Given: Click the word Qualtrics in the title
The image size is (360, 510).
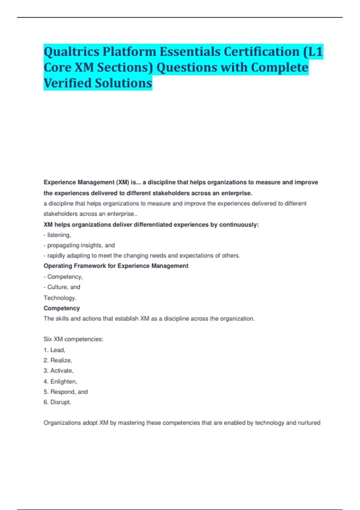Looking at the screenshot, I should click(x=71, y=52).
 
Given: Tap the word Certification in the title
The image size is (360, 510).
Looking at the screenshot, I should click(x=262, y=52).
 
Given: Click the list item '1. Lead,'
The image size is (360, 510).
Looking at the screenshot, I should click(x=54, y=350).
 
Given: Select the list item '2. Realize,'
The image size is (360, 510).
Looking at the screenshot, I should click(x=58, y=360).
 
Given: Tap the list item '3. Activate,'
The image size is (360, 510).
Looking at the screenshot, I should click(x=58, y=371).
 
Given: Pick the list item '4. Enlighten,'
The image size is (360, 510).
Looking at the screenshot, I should click(x=60, y=381).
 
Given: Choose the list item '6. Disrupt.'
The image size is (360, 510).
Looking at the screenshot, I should click(x=57, y=402).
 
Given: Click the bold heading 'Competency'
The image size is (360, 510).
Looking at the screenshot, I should click(x=62, y=308).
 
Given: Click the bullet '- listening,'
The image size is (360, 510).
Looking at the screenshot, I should click(x=57, y=235).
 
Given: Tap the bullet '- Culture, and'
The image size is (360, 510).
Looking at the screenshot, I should click(x=62, y=287).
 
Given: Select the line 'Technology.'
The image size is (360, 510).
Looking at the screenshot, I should click(x=60, y=298).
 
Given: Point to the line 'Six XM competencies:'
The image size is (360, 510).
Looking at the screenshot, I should click(x=73, y=339).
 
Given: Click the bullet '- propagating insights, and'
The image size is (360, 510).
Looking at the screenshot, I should click(x=79, y=245).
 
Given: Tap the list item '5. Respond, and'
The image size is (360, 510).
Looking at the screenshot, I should click(x=66, y=392).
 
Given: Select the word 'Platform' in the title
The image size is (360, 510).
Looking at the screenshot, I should click(x=129, y=52).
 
